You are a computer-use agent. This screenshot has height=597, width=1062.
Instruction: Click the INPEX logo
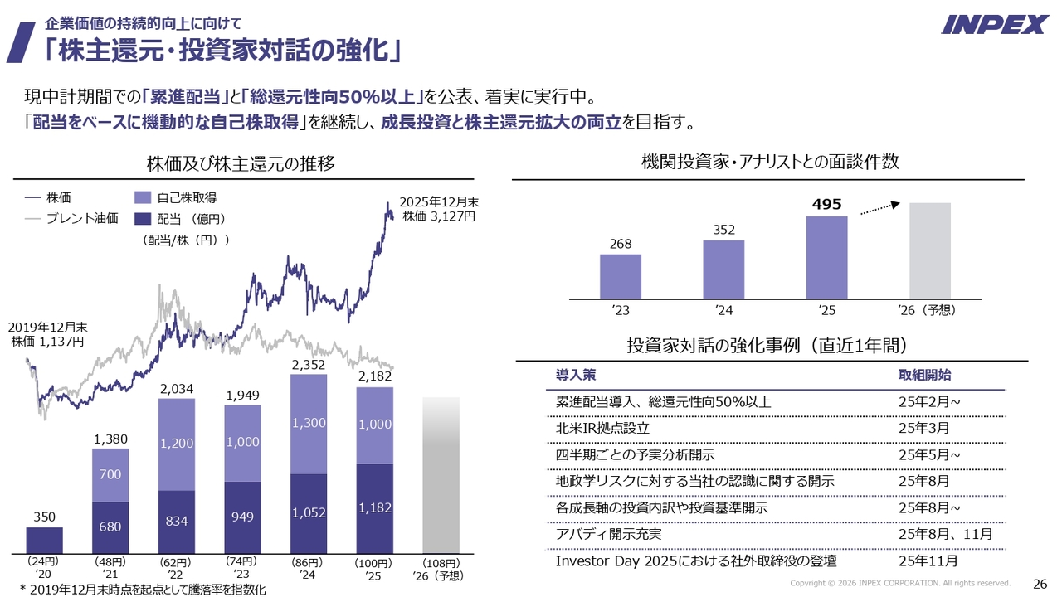(x=994, y=24)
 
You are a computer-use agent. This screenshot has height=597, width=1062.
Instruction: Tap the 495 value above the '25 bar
(x=826, y=204)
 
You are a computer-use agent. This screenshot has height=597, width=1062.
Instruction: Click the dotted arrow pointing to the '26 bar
(x=879, y=208)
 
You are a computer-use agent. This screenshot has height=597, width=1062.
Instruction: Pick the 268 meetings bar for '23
(x=621, y=276)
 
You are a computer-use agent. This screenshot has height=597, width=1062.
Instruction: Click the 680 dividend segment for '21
(x=110, y=527)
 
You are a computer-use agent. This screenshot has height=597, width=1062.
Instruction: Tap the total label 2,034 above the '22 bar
(x=176, y=389)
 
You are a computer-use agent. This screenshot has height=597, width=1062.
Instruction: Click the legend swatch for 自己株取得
(x=143, y=198)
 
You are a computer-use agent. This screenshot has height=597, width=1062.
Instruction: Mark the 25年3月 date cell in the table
(x=923, y=429)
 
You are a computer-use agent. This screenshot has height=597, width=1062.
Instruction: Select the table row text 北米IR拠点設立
(x=602, y=429)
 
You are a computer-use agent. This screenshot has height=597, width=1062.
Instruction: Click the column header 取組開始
(x=924, y=376)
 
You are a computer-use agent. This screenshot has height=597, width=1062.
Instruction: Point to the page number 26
(x=1039, y=583)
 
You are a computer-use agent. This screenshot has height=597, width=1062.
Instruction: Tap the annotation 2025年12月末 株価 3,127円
(x=439, y=209)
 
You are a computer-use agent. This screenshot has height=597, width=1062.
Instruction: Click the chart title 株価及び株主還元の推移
(x=240, y=163)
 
